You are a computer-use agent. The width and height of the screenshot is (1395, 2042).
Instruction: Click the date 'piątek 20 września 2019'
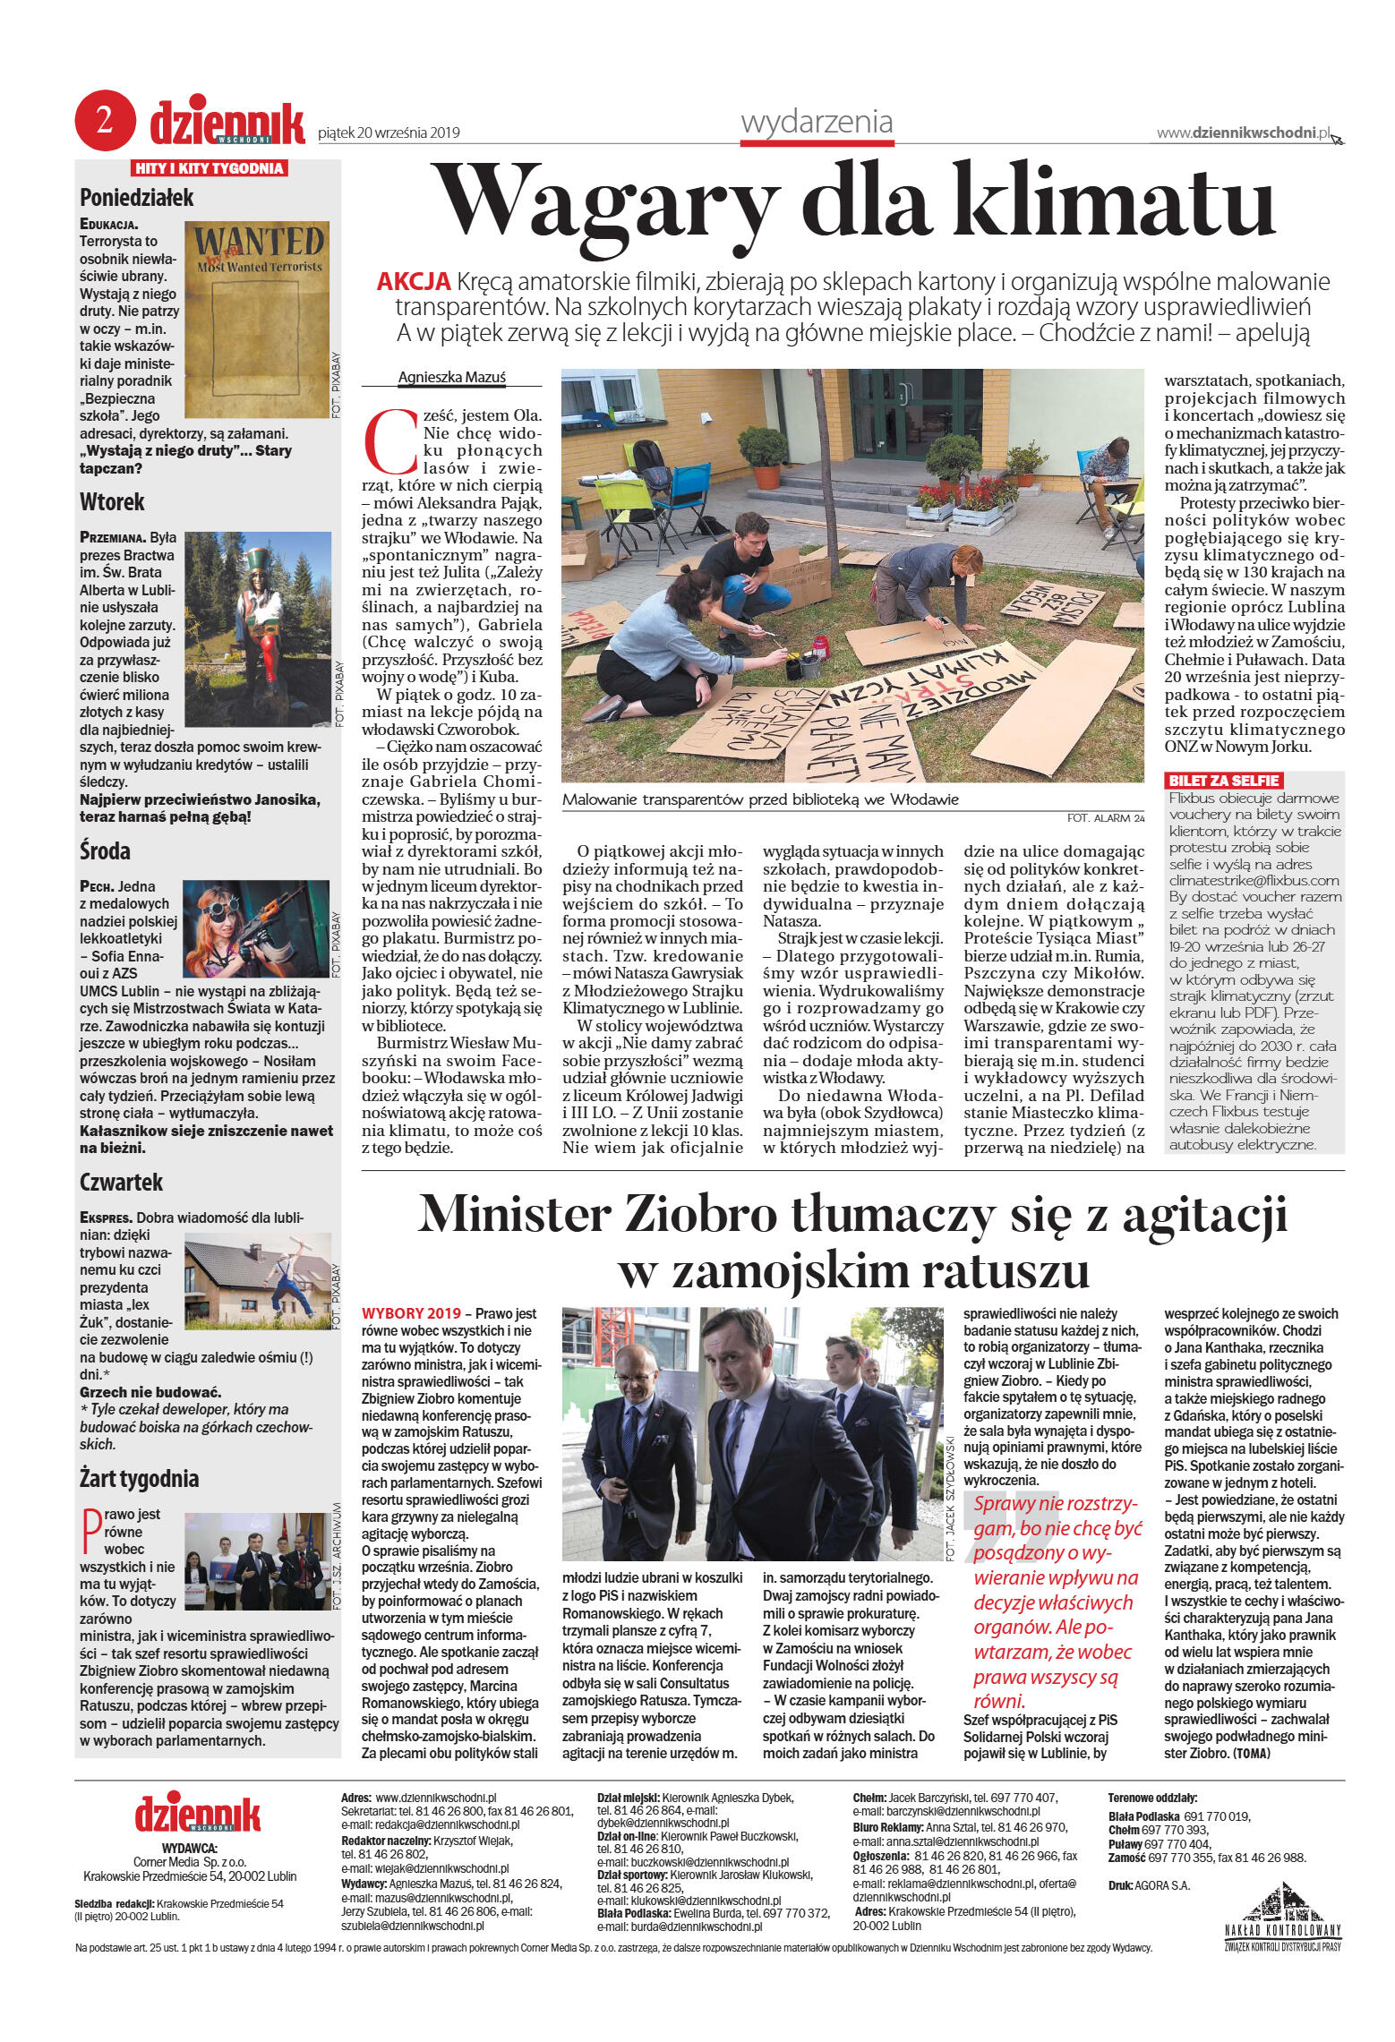(389, 133)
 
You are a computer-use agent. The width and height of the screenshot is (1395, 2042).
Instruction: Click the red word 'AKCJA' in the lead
(413, 283)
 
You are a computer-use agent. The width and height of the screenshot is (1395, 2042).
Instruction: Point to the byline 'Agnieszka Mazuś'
(451, 378)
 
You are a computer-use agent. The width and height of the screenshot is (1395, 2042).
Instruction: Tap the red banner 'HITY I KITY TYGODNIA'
(209, 168)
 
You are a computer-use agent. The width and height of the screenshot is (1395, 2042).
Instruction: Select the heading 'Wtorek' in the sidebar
(112, 501)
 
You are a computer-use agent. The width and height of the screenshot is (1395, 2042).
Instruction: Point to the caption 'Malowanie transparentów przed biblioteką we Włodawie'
(759, 800)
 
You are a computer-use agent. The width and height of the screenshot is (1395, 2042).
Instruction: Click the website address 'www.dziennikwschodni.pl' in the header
(1243, 132)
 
